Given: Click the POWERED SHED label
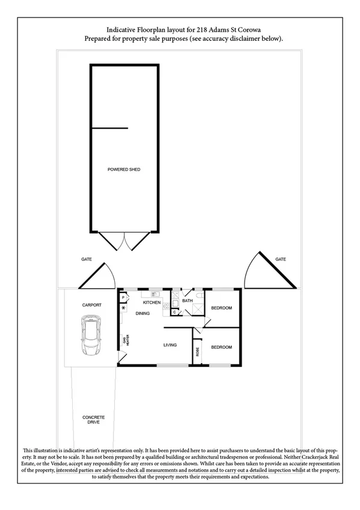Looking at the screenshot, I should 124,170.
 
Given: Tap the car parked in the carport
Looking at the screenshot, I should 92,338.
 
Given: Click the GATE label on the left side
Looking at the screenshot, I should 87,259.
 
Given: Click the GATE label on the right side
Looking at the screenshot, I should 281,259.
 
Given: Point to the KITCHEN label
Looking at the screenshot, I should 151,303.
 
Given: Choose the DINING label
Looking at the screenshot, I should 142,313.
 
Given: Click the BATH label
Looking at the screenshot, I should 187,300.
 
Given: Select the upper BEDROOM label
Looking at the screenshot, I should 221,309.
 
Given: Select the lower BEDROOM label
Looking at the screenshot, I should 221,347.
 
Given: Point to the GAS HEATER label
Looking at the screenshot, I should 125,340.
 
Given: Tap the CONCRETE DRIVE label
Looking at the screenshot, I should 94,420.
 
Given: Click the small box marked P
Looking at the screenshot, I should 123,297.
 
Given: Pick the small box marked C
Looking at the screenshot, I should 174,312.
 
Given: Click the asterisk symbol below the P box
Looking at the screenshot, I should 123,309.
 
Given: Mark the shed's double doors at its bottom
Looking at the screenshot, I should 124,241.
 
